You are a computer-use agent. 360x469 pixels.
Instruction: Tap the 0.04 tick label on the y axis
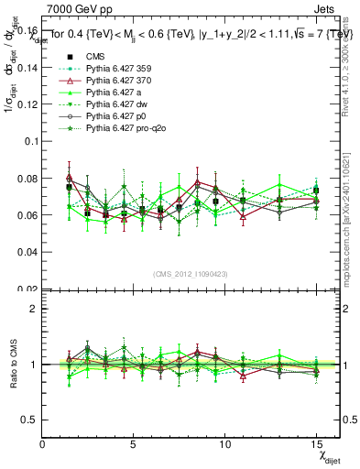[x=27, y=252]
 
